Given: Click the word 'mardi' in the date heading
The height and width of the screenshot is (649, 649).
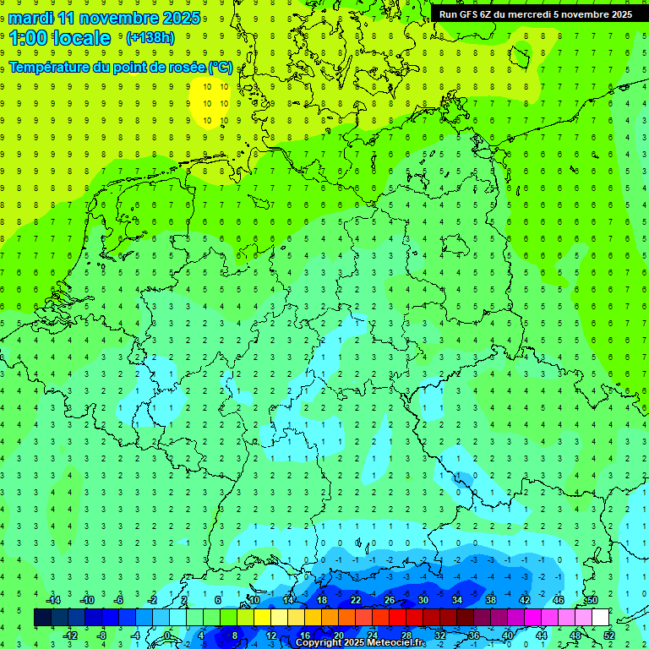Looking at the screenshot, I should coord(30,18).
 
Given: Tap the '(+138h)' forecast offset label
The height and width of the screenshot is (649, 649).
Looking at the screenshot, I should coord(150,37).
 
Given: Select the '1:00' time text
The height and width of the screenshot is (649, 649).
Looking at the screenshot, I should coord(27,38).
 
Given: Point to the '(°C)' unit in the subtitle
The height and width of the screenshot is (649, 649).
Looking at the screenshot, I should coord(221,67).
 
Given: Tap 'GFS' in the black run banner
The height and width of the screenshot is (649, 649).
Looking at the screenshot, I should coord(472,14).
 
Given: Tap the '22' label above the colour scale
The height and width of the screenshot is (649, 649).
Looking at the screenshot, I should coord(356,600).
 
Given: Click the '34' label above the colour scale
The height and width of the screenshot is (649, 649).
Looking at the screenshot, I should coord(457,600).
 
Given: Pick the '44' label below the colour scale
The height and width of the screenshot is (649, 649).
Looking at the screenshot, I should coord(542,635).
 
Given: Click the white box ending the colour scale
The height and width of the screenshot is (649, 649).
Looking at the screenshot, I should coord(601,618).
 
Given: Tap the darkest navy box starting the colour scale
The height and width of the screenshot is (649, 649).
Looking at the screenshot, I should coord(43,618).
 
